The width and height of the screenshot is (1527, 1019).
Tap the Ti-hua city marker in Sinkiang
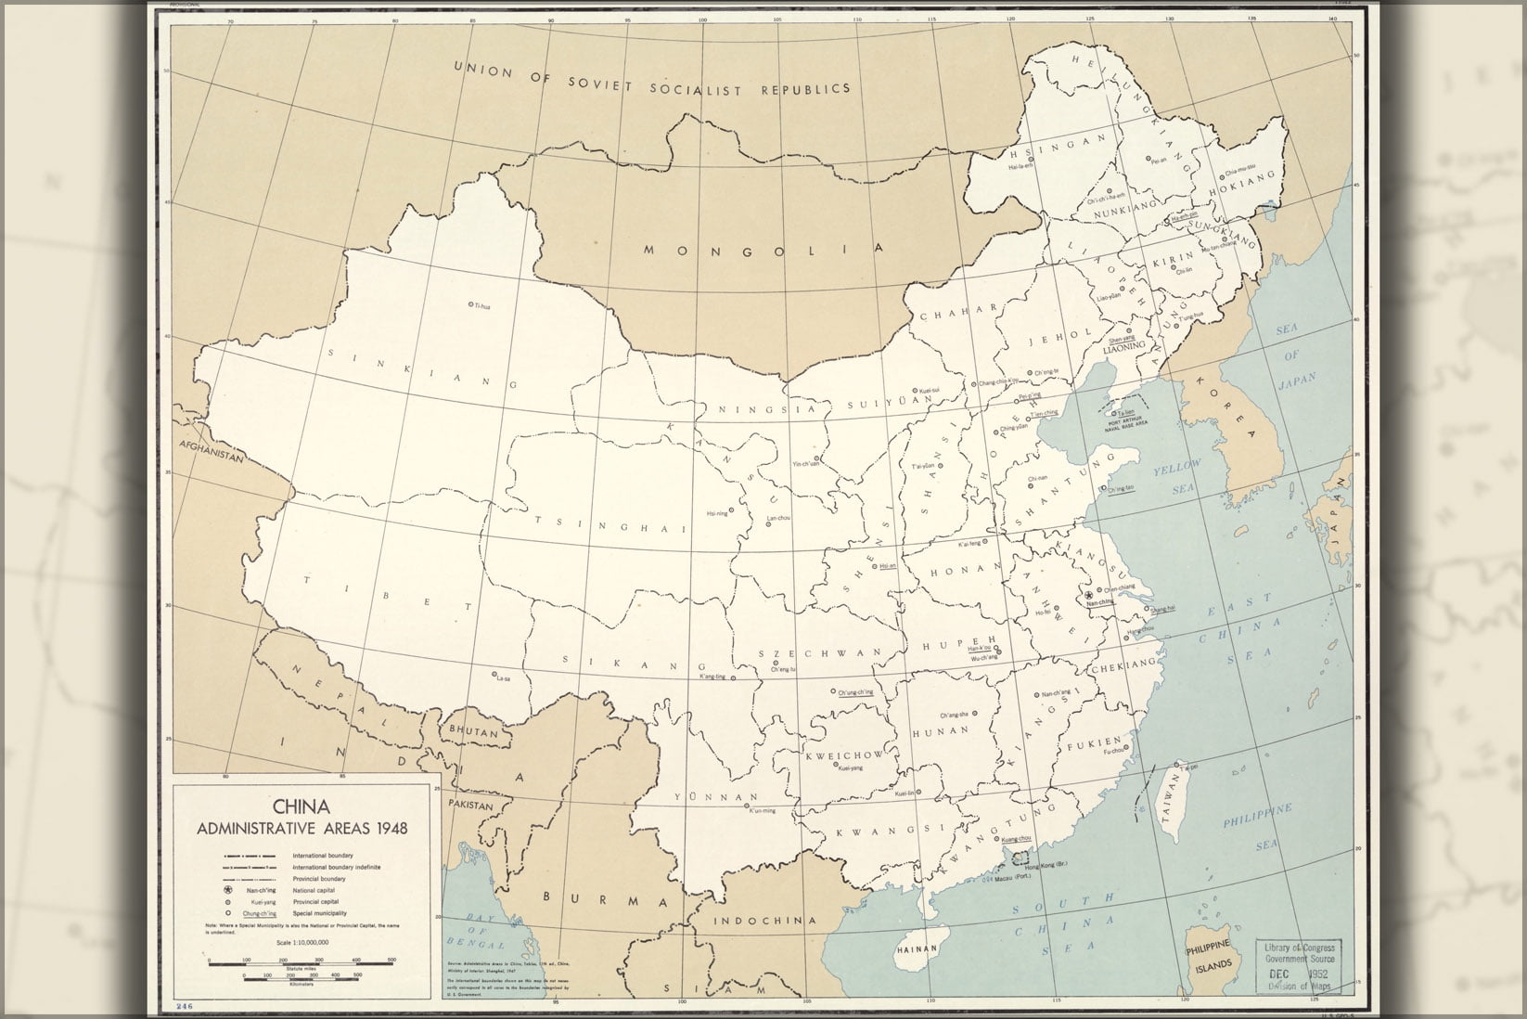click(x=471, y=304)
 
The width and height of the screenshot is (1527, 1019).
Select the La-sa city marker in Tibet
click(x=494, y=674)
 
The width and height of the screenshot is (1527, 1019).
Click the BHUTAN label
click(x=474, y=732)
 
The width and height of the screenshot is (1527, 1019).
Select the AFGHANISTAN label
click(x=212, y=457)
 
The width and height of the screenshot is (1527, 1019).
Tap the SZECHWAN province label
click(x=820, y=653)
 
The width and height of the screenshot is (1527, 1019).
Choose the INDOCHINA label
click(x=766, y=921)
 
